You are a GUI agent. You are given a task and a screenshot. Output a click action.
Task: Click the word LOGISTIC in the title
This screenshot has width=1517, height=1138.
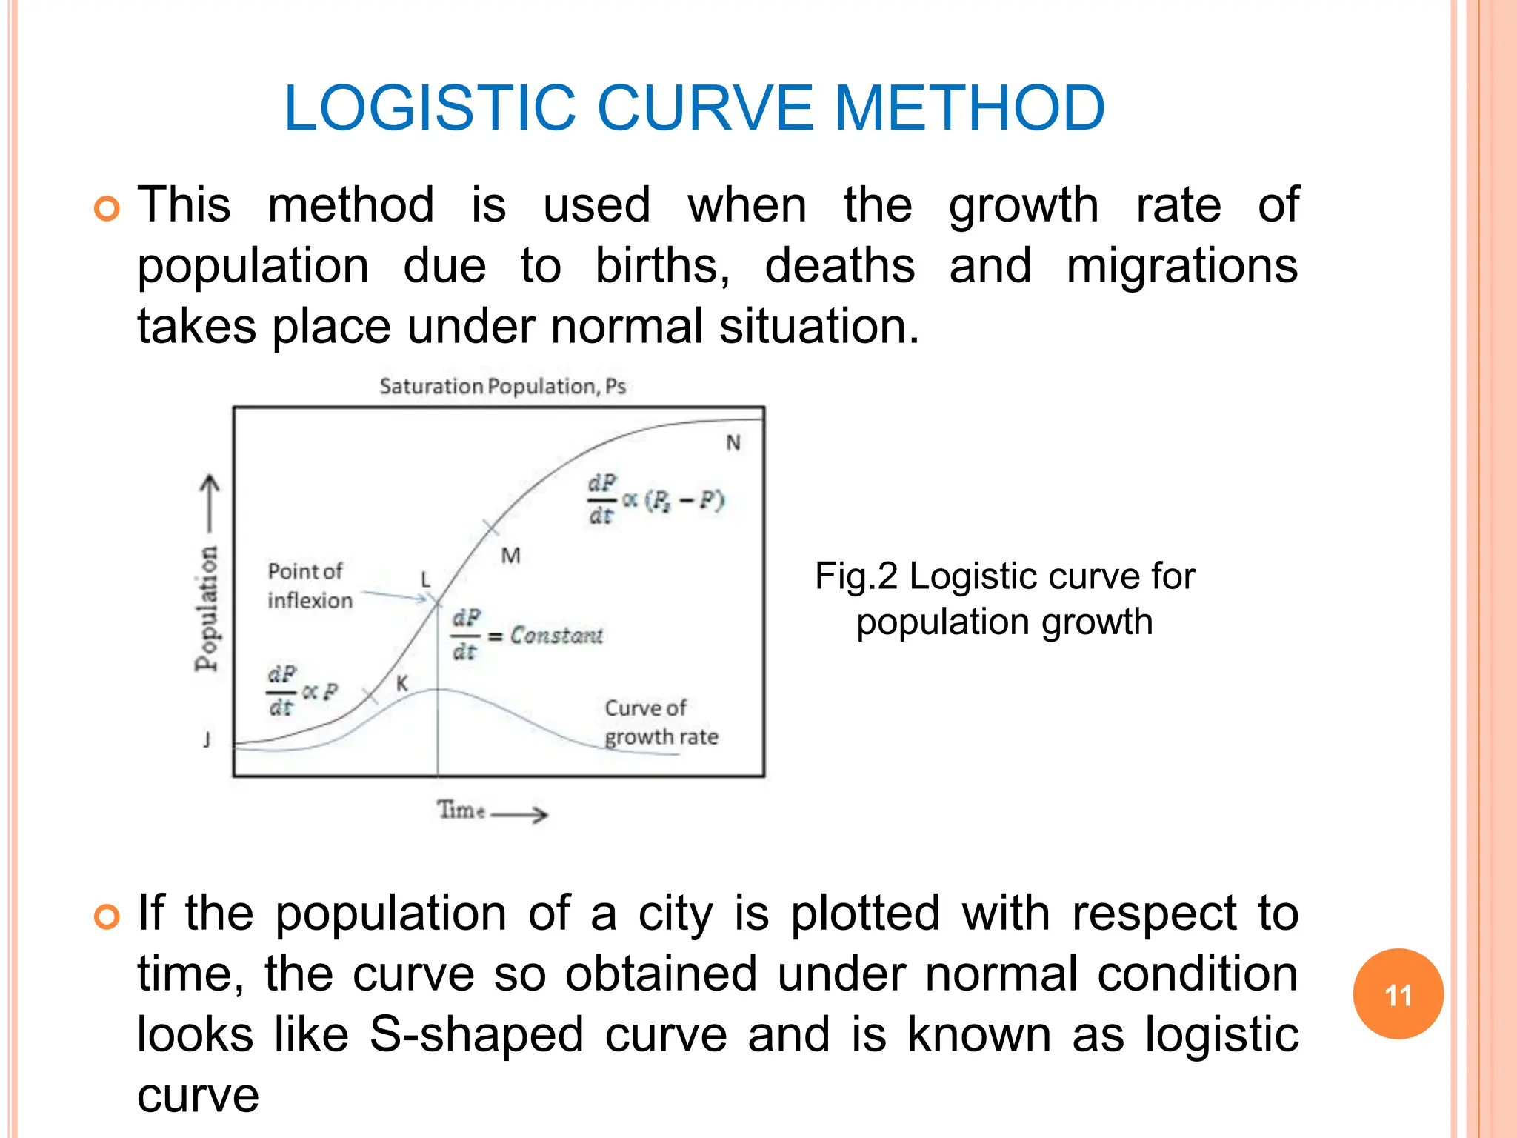tap(430, 108)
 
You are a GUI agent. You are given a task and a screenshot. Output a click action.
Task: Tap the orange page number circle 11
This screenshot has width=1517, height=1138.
tap(1398, 994)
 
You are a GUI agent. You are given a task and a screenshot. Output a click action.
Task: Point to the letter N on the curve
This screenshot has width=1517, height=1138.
tap(733, 443)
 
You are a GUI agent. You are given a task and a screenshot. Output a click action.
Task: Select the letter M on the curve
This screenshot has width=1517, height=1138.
tap(510, 556)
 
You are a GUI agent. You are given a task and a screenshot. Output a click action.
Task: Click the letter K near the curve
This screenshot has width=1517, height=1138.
tap(401, 684)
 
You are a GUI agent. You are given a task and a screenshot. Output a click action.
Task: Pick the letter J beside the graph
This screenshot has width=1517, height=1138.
tap(207, 739)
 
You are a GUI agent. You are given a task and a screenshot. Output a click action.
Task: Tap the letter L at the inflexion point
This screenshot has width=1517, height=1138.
tap(425, 579)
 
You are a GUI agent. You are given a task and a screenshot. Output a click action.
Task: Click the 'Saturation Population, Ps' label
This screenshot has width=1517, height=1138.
tap(502, 386)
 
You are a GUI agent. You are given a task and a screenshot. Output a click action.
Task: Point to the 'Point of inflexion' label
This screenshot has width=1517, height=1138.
tap(310, 585)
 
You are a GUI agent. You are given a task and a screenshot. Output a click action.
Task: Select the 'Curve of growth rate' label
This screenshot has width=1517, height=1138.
tap(661, 722)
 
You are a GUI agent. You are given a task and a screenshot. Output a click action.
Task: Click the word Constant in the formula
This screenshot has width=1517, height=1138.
tap(556, 636)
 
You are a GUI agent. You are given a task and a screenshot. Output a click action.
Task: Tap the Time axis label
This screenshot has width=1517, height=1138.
tap(461, 810)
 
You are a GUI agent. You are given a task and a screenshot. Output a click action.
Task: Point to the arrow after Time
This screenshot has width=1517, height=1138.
tap(520, 815)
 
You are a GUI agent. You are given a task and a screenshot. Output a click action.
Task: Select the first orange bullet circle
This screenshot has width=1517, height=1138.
tap(107, 209)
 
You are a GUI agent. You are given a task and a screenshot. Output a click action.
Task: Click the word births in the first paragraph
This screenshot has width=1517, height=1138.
tap(662, 266)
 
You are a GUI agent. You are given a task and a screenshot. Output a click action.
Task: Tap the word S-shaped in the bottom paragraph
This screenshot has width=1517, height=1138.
tap(476, 1034)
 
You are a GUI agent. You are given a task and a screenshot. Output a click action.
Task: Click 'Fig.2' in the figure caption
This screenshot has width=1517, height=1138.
tap(856, 576)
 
